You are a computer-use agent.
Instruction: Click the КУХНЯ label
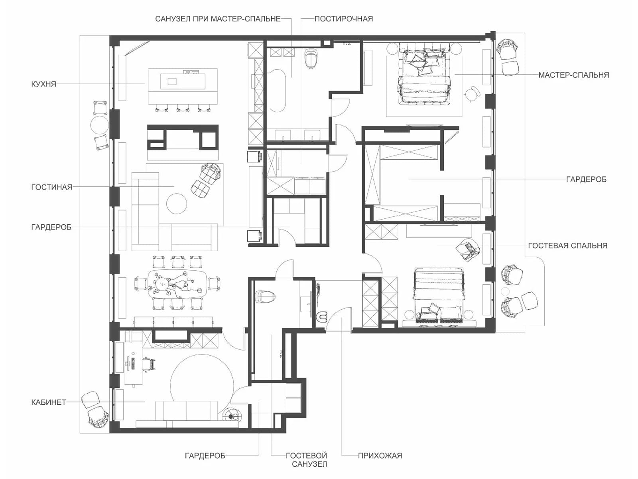(x=43, y=84)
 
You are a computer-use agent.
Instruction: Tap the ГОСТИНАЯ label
(x=51, y=187)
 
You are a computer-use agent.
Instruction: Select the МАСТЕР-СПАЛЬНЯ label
(x=573, y=75)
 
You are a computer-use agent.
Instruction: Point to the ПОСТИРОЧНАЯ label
(x=344, y=19)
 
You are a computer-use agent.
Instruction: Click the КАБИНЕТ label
(x=49, y=402)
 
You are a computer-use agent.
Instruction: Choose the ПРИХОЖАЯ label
(x=380, y=456)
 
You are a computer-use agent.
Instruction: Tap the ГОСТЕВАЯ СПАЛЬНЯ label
(x=568, y=245)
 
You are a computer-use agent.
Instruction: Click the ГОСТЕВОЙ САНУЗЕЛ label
(x=306, y=460)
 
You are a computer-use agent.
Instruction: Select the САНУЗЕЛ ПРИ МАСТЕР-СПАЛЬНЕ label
(x=218, y=19)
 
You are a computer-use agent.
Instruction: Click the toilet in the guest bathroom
(x=264, y=297)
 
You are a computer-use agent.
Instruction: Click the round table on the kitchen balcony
(x=100, y=125)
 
